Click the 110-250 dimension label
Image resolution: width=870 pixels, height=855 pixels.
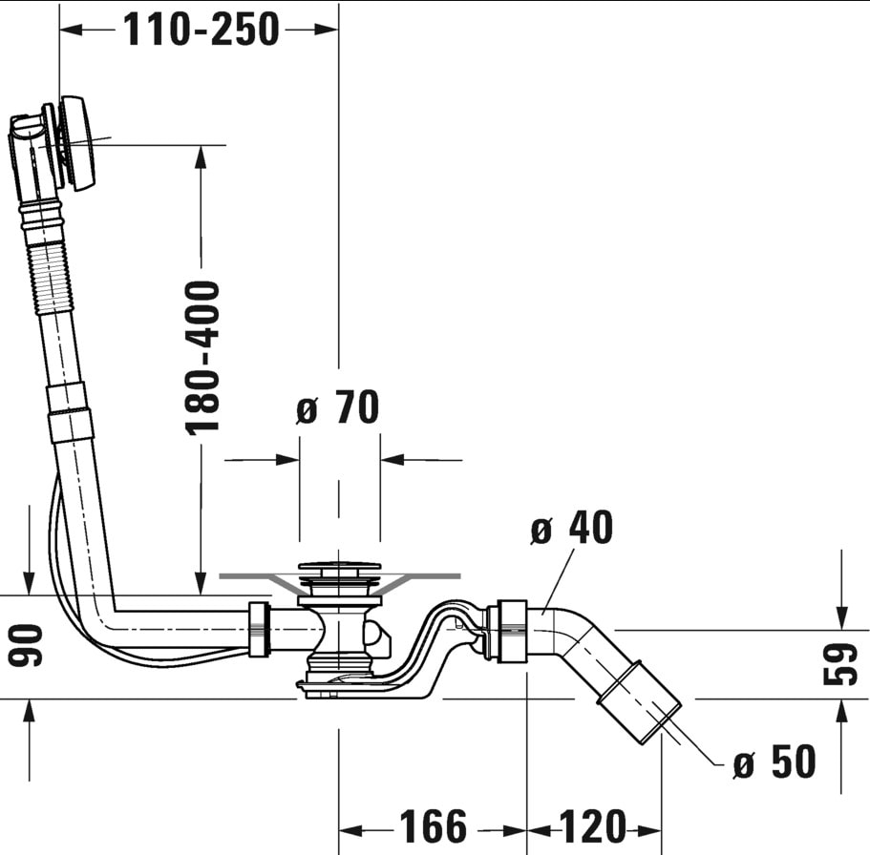pyautogui.click(x=202, y=30)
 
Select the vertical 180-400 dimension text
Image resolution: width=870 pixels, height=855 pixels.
pyautogui.click(x=202, y=358)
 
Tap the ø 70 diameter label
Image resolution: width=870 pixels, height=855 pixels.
pyautogui.click(x=337, y=407)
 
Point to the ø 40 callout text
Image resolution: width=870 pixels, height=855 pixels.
pyautogui.click(x=572, y=527)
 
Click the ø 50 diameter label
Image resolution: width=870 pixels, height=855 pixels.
pyautogui.click(x=775, y=761)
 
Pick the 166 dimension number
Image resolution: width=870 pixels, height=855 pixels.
pyautogui.click(x=433, y=826)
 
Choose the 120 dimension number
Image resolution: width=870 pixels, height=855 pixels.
pyautogui.click(x=593, y=826)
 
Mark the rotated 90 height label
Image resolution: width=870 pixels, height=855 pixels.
pyautogui.click(x=26, y=645)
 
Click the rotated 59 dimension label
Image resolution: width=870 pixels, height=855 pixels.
pyautogui.click(x=840, y=664)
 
